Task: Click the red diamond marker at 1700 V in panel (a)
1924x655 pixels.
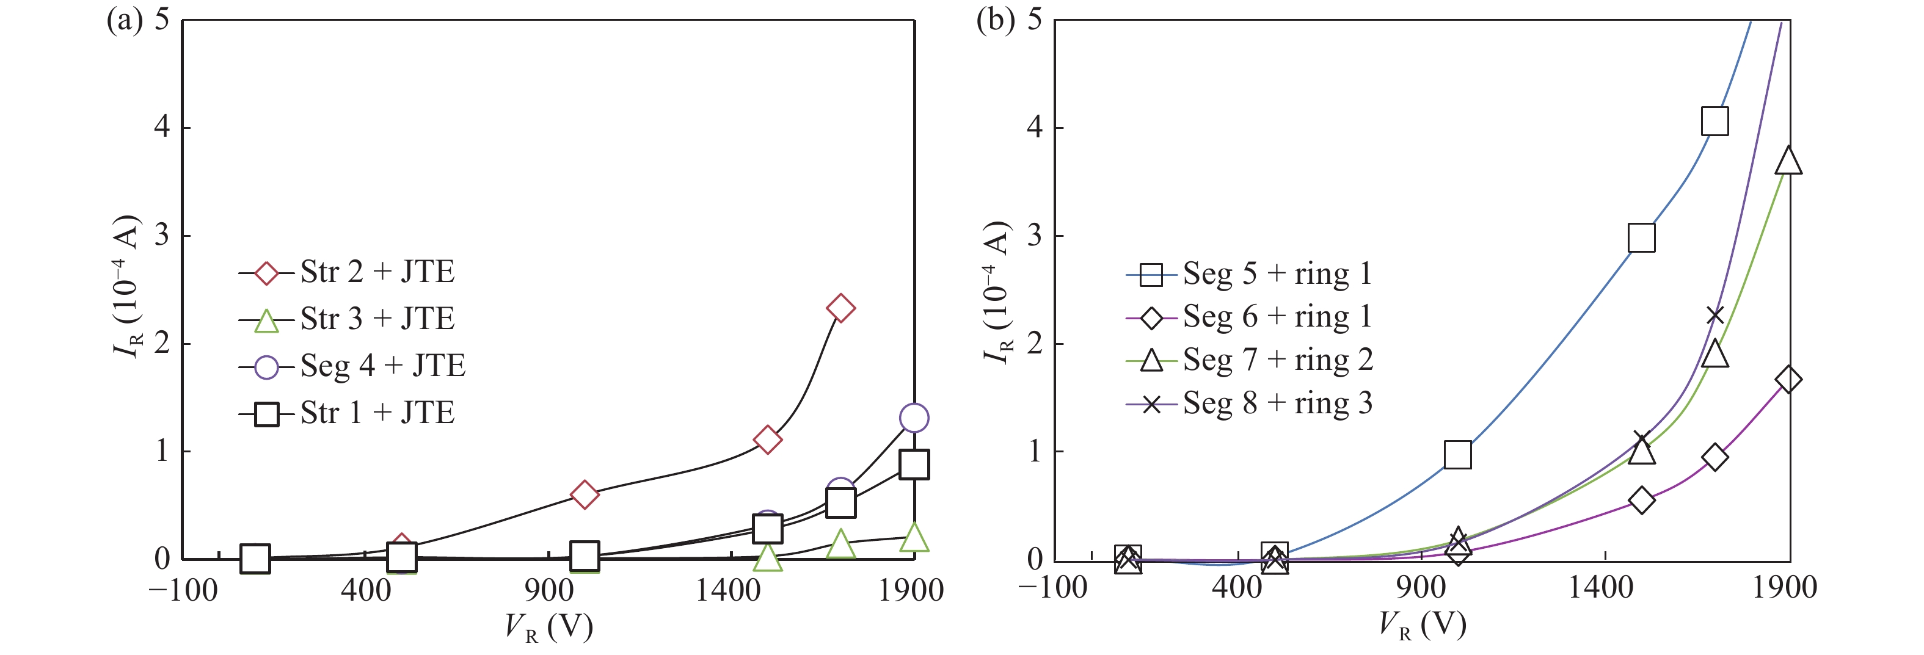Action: coord(840,308)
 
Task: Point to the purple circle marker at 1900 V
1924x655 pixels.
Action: coord(914,418)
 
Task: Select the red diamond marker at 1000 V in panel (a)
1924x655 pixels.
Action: coord(584,494)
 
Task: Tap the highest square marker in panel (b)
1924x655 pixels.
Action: coord(1715,121)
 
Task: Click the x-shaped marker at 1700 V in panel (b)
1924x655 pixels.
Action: coord(1715,315)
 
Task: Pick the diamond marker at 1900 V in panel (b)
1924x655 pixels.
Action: coord(1788,380)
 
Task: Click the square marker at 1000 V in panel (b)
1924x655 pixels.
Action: coord(1457,454)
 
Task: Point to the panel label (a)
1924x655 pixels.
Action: coord(124,20)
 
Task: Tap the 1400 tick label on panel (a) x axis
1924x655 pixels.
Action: coord(728,591)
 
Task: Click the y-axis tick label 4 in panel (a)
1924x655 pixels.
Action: coord(161,127)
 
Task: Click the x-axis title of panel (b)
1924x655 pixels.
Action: coord(1421,626)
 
